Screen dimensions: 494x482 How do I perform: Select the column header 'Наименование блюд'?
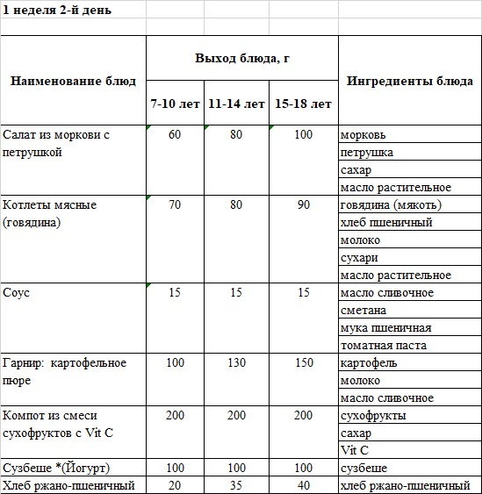coord(73,82)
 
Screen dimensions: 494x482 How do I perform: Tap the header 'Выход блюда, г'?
coord(241,58)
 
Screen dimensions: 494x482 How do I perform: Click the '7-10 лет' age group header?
coord(174,104)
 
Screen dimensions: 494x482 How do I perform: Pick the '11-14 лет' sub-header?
coord(236,104)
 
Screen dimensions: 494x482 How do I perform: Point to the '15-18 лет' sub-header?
coord(303,104)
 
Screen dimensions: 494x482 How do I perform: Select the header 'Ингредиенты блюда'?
coord(410,82)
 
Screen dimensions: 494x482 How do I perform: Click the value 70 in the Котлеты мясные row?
coord(174,205)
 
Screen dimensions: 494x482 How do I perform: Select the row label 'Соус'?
coord(17,293)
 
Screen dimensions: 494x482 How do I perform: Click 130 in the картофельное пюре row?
coord(236,363)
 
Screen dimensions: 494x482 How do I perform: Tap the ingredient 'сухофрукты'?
coord(373,416)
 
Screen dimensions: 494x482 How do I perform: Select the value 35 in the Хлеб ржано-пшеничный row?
coord(236,485)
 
